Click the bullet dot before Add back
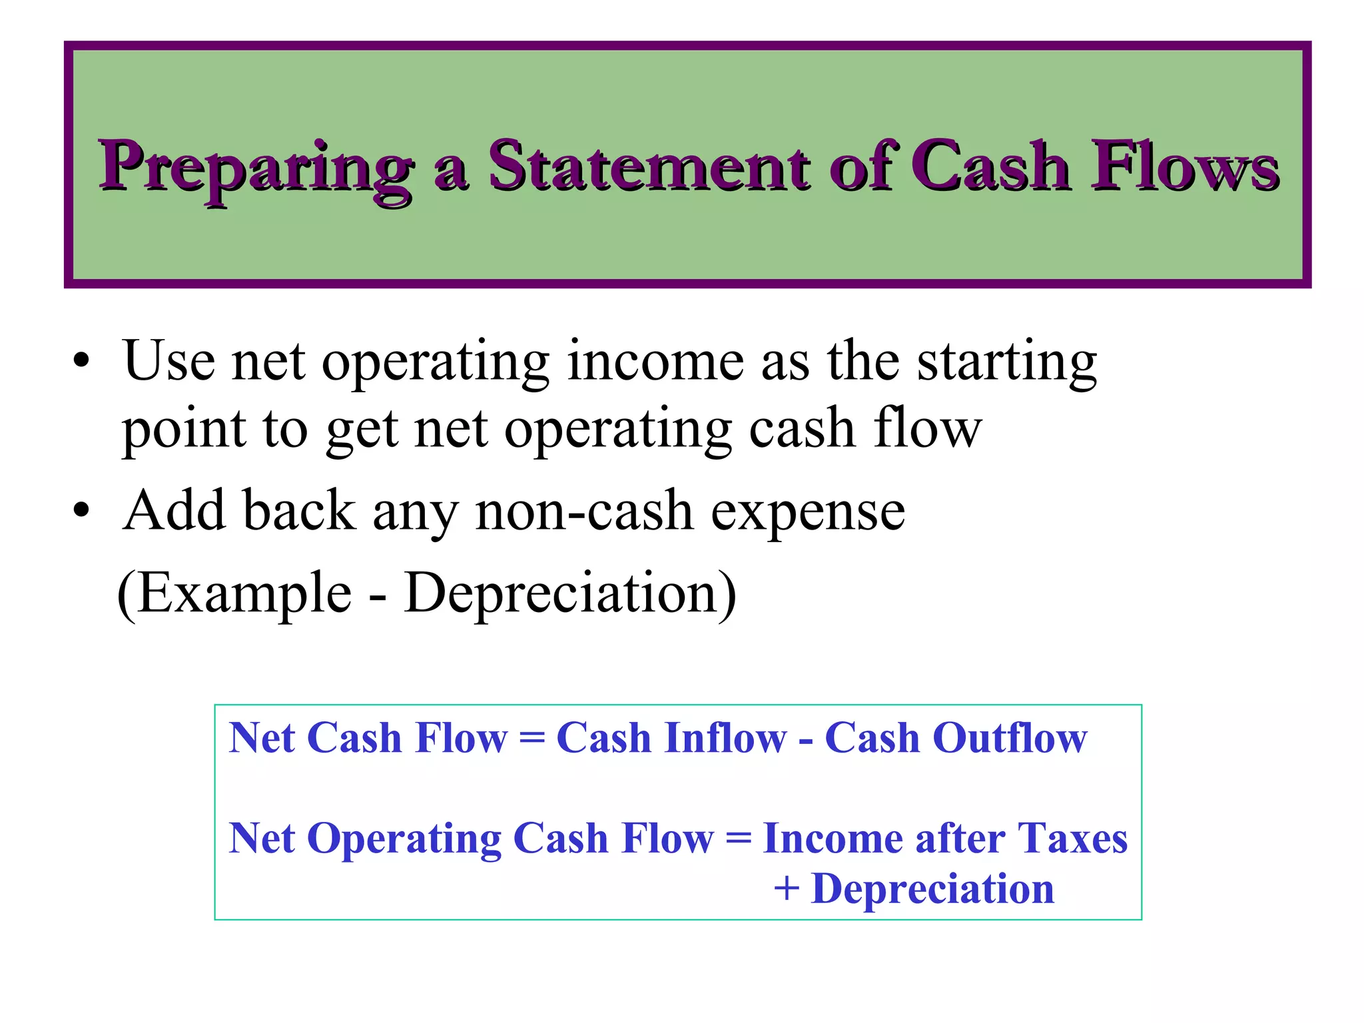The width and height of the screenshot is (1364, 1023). [x=81, y=511]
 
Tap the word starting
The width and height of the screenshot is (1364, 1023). [x=1006, y=363]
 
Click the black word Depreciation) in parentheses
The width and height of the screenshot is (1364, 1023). [x=570, y=593]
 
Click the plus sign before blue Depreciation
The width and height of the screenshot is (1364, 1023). [x=786, y=889]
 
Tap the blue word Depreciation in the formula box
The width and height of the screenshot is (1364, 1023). [x=932, y=889]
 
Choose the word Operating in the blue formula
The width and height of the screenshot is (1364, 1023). [x=404, y=839]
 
